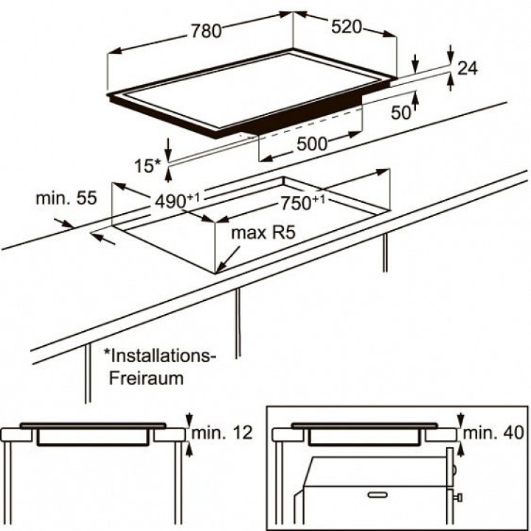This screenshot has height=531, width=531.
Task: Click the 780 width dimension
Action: (206, 31)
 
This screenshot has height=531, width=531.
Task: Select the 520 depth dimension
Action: (346, 27)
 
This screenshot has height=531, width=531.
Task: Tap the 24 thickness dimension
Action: (468, 69)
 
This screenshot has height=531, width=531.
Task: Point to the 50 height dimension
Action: (401, 113)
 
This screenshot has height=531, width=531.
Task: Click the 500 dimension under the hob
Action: (312, 145)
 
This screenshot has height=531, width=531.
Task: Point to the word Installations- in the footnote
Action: (164, 355)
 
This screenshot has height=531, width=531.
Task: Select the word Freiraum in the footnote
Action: (145, 378)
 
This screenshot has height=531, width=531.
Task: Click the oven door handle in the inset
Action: (378, 493)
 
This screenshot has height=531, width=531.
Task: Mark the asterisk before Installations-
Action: (107, 354)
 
